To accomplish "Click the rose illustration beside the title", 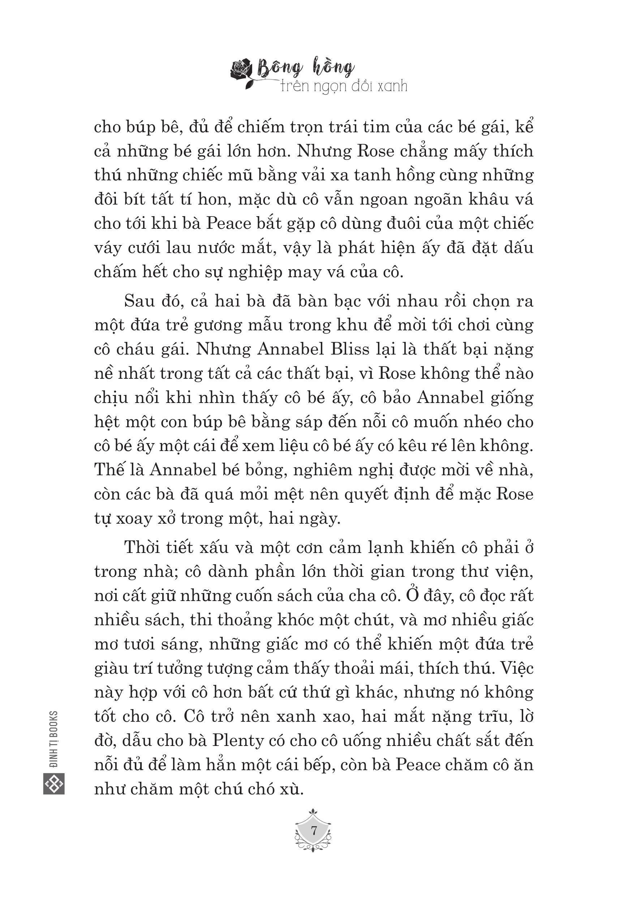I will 242,72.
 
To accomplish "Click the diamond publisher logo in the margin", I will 54,784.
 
